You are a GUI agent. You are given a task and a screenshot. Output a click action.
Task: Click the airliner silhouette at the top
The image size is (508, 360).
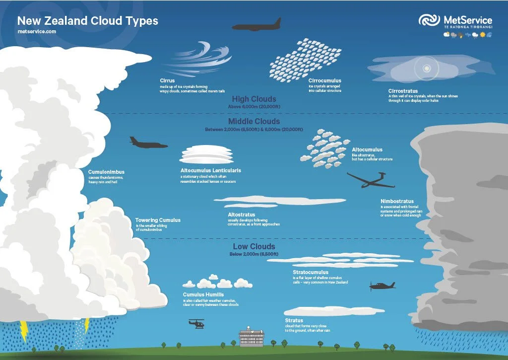[256, 25]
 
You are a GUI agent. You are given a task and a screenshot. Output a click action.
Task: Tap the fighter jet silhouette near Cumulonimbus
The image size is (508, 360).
[148, 143]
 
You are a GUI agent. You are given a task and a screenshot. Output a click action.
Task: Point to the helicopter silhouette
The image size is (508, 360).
[196, 324]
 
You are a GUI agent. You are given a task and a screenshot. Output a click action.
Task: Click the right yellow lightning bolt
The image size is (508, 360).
[86, 326]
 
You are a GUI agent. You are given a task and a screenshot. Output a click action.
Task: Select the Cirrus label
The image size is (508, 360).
[167, 80]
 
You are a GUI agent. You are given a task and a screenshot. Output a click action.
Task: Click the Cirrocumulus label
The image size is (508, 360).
[324, 80]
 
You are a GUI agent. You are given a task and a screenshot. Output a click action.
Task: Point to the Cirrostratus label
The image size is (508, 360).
[403, 91]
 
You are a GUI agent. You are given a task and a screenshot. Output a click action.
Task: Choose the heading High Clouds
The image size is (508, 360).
[254, 99]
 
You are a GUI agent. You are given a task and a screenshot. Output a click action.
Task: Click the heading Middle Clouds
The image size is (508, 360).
[254, 122]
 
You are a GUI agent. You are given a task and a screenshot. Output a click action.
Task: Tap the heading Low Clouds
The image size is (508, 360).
[254, 247]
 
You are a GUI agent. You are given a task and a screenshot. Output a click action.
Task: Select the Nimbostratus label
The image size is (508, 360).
[397, 202]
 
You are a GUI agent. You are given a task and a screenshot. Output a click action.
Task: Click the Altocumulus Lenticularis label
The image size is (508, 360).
[211, 170]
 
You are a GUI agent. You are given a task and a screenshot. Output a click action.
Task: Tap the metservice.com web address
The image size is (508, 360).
[36, 31]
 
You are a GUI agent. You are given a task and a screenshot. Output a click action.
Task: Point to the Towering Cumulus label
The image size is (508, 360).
[158, 220]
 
